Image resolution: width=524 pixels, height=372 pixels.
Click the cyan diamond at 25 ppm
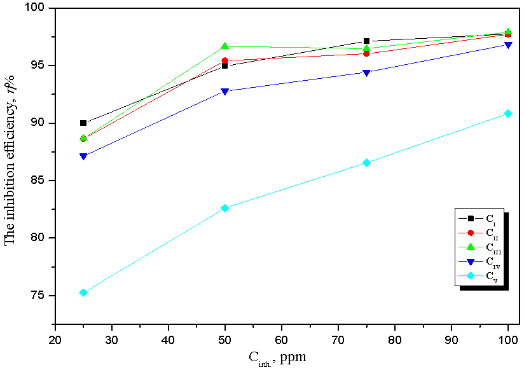(x=83, y=293)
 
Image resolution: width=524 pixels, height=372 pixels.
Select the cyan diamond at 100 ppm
(x=508, y=113)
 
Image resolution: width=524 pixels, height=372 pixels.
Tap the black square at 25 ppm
(x=83, y=123)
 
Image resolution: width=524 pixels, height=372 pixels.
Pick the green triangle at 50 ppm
(x=225, y=46)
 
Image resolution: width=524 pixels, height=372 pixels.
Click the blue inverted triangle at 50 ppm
(x=225, y=92)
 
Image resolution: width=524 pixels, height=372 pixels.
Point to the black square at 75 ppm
(x=367, y=41)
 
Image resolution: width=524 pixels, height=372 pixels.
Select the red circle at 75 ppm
(x=367, y=53)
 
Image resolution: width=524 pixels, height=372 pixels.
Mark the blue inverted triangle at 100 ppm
(x=508, y=45)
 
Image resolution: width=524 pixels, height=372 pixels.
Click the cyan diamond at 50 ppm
(x=225, y=208)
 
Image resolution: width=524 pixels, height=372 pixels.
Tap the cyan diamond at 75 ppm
(x=367, y=163)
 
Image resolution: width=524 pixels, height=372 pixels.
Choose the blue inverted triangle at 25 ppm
(x=83, y=156)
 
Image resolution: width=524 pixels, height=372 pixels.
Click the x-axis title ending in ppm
(x=277, y=357)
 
